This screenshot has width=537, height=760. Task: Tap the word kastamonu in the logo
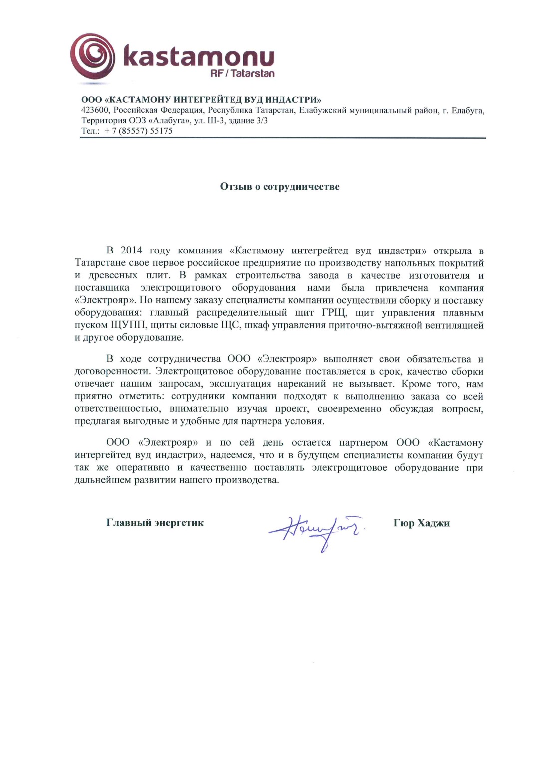[199, 56]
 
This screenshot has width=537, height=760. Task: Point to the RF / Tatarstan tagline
[243, 74]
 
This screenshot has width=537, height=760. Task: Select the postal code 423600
[95, 110]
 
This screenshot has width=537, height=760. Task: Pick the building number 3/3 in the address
[262, 121]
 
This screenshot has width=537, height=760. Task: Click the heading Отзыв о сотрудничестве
[279, 187]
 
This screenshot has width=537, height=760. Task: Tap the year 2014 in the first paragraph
[131, 251]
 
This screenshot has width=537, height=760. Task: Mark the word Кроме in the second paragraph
[416, 384]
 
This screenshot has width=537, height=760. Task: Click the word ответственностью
[118, 409]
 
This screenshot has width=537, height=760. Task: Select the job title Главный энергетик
[155, 523]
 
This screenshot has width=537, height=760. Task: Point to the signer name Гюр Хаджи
[421, 523]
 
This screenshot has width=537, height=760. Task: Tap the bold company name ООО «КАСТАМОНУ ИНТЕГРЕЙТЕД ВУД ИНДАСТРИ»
[201, 100]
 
